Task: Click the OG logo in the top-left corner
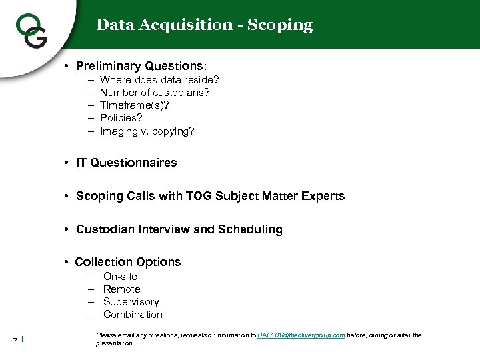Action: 31,30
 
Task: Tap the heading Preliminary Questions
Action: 141,66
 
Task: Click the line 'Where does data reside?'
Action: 159,80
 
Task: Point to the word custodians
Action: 180,93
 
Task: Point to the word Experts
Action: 323,196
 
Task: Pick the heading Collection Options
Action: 128,262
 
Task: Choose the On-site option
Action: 120,276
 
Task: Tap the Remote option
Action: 122,289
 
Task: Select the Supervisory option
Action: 131,301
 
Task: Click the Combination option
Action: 133,314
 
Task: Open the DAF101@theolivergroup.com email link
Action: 301,335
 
